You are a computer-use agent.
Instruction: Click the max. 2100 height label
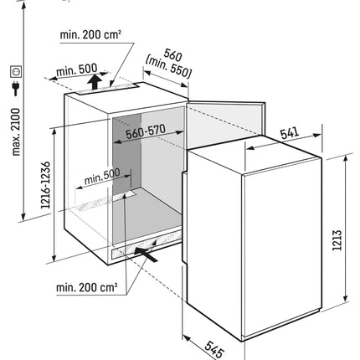pyautogui.click(x=16, y=132)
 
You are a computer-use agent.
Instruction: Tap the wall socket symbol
pyautogui.click(x=16, y=72)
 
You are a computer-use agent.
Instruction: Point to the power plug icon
pyautogui.click(x=16, y=88)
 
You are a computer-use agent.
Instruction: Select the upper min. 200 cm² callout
pyautogui.click(x=90, y=34)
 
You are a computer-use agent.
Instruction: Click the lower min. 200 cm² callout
pyautogui.click(x=87, y=287)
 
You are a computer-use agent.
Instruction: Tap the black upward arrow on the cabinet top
pyautogui.click(x=95, y=81)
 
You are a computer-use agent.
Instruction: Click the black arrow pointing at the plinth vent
pyautogui.click(x=146, y=254)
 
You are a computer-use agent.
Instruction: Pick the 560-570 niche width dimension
pyautogui.click(x=146, y=131)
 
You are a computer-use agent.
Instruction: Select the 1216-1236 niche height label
pyautogui.click(x=46, y=185)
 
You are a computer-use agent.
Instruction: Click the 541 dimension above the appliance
pyautogui.click(x=290, y=133)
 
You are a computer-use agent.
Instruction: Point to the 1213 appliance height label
pyautogui.click(x=337, y=240)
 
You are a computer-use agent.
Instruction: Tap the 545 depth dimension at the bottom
pyautogui.click(x=214, y=349)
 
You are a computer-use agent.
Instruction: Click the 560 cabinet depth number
pyautogui.click(x=172, y=55)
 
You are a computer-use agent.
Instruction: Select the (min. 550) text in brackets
pyautogui.click(x=168, y=67)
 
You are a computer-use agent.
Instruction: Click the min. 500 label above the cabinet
pyautogui.click(x=77, y=69)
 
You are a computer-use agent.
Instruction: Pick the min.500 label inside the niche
pyautogui.click(x=102, y=177)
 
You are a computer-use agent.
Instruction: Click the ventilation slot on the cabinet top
pyautogui.click(x=108, y=89)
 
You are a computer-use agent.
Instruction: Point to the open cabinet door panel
pyautogui.click(x=224, y=124)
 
